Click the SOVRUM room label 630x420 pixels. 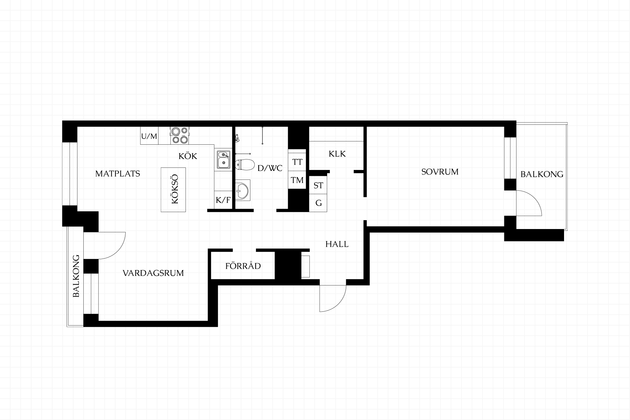click(x=440, y=172)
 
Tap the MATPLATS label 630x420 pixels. click(x=117, y=174)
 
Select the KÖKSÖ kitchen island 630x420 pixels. click(x=173, y=190)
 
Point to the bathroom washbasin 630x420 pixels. click(x=242, y=190)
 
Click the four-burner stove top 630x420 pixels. click(x=179, y=136)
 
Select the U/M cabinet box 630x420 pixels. click(x=149, y=136)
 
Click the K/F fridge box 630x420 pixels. click(x=223, y=200)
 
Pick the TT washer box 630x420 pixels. click(x=297, y=162)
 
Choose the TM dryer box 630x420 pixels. click(x=297, y=180)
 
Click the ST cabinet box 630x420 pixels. click(x=318, y=185)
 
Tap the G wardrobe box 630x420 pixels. click(x=318, y=203)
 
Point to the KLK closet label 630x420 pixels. click(x=337, y=154)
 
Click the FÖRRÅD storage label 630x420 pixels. click(x=243, y=265)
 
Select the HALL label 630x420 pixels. click(x=337, y=244)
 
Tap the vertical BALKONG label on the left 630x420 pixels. click(x=76, y=276)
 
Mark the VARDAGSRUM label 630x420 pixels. click(x=153, y=273)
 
